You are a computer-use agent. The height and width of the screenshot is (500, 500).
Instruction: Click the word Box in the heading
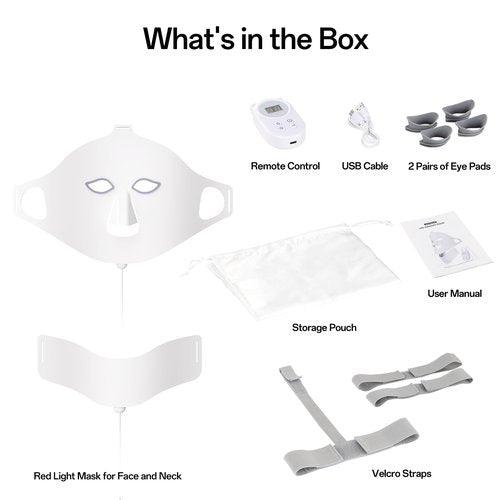344,39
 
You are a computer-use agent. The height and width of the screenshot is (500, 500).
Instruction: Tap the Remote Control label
285,166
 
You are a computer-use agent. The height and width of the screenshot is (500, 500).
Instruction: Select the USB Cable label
365,166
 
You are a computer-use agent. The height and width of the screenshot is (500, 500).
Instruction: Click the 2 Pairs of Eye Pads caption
449,166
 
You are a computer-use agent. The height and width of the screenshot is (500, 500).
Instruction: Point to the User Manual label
455,293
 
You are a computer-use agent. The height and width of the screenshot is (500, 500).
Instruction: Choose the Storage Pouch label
324,327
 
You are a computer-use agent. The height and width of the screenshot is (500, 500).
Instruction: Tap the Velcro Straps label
402,473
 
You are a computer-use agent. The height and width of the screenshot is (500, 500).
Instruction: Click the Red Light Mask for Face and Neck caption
107,476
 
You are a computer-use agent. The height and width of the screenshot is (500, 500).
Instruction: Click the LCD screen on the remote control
275,109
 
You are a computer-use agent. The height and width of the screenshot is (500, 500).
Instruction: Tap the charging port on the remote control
293,143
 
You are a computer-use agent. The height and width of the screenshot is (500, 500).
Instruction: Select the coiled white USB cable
363,127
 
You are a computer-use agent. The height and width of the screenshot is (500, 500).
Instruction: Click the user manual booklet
447,244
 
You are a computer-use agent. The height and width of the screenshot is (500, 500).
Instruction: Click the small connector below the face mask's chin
121,266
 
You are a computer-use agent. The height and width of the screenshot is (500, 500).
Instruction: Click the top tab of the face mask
121,127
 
